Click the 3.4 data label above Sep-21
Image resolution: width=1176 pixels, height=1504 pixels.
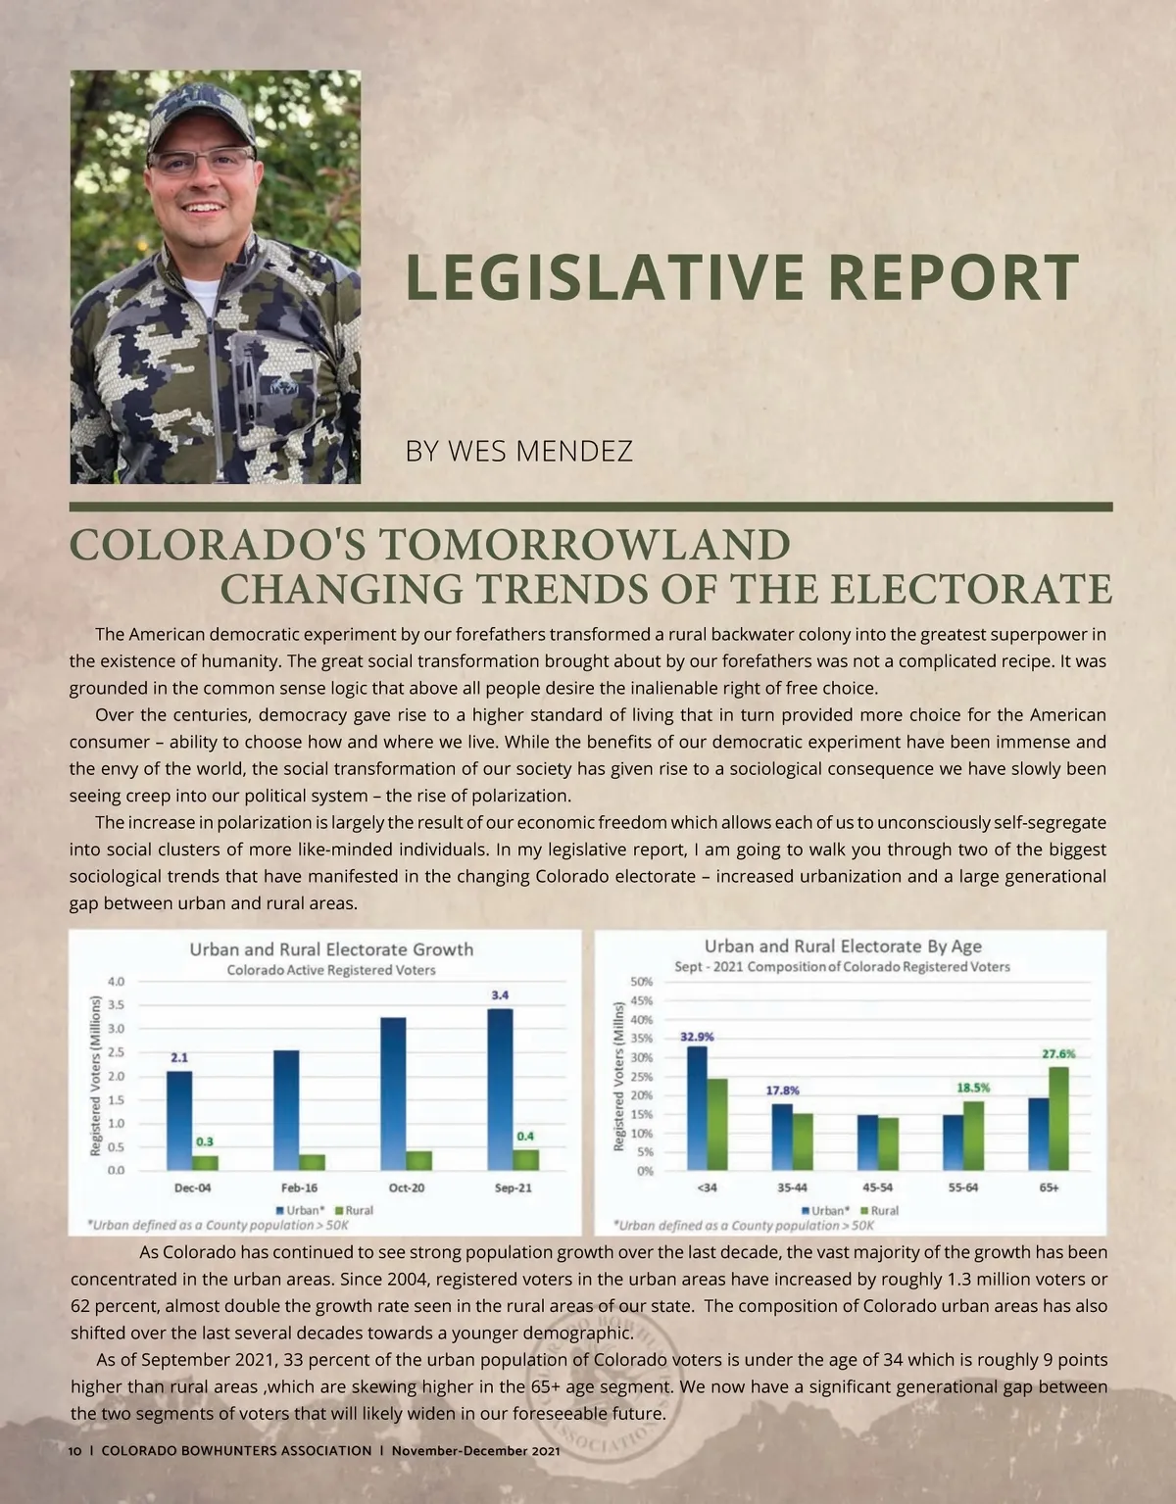point(500,995)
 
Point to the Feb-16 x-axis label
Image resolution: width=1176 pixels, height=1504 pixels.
point(299,1188)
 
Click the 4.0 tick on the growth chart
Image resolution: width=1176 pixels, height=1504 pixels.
point(116,981)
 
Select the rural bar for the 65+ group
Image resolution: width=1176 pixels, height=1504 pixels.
point(1058,1118)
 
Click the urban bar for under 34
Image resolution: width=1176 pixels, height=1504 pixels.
point(697,1108)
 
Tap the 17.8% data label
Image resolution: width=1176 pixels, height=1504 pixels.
point(782,1090)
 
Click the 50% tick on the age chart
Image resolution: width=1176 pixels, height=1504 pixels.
point(642,981)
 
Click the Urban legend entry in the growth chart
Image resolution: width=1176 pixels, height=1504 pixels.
point(300,1210)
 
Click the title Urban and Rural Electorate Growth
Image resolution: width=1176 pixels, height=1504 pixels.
point(331,949)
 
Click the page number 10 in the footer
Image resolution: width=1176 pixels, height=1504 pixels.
point(75,1450)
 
